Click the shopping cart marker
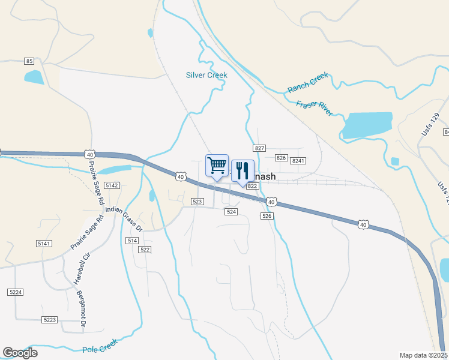point(217,165)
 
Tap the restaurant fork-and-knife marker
point(243,170)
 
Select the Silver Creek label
point(206,75)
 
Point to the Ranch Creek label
point(308,83)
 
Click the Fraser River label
point(314,109)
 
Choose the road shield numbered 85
point(29,61)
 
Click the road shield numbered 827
point(259,148)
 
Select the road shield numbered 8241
point(298,160)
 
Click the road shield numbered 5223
point(50,320)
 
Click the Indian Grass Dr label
point(123,220)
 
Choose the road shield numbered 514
point(133,240)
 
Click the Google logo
point(20,353)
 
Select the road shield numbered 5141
point(44,243)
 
